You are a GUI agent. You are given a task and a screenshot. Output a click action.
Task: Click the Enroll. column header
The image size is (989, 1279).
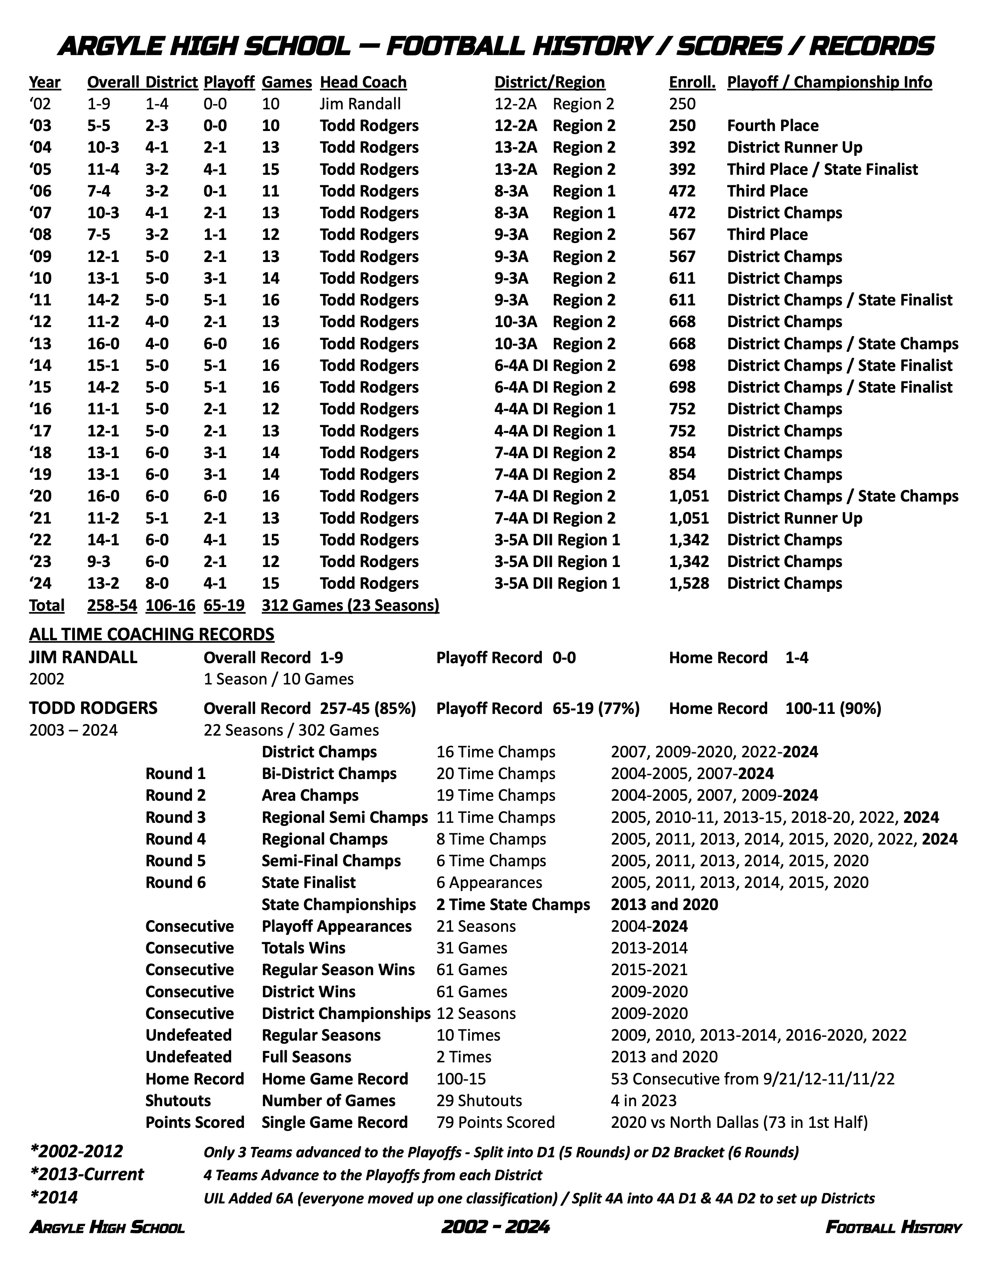(692, 82)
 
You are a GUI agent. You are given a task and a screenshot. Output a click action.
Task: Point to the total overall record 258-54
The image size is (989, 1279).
(112, 605)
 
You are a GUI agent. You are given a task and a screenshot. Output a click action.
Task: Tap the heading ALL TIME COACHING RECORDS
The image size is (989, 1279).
(151, 634)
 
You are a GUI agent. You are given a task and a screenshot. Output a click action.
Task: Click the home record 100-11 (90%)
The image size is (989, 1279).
(833, 708)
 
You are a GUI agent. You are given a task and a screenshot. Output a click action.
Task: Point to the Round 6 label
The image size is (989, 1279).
(175, 883)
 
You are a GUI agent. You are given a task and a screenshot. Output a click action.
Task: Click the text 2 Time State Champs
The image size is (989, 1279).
(513, 904)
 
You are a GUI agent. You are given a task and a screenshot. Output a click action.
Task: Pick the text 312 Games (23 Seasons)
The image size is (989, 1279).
(350, 605)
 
